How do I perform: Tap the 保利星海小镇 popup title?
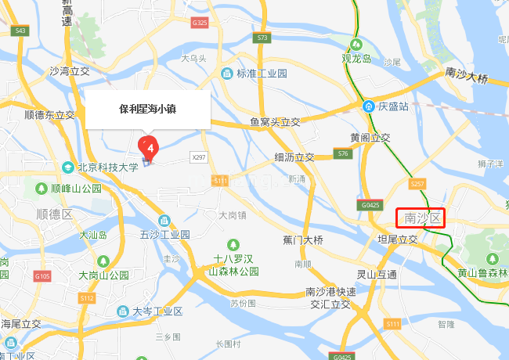point(147,110)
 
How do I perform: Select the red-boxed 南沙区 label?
point(421,218)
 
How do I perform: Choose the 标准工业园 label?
point(262,74)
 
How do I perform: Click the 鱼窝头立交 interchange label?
point(275,122)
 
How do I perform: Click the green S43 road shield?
point(20,31)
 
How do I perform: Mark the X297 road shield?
point(199,157)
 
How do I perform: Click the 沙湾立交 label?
point(70,70)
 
